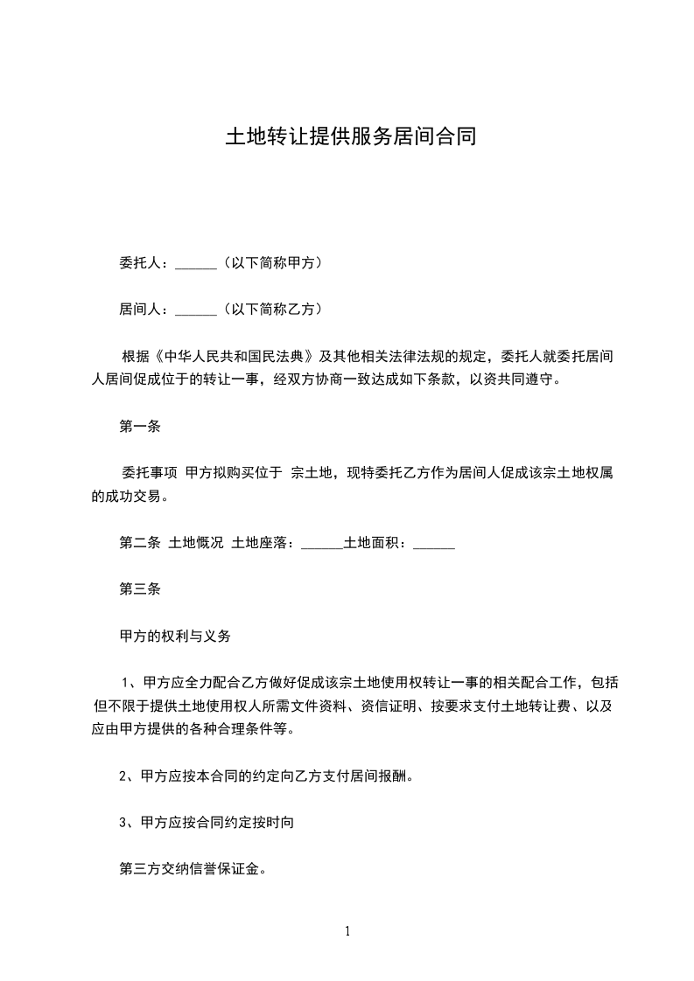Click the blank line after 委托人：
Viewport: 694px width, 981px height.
click(195, 263)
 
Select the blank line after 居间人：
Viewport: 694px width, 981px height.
click(195, 310)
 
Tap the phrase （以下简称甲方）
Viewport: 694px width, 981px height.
click(274, 262)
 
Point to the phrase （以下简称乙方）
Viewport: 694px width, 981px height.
click(274, 309)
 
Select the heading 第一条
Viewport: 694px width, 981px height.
click(140, 427)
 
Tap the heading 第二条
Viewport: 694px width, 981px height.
click(140, 543)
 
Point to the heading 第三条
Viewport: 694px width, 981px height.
click(140, 590)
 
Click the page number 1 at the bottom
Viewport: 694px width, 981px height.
click(347, 931)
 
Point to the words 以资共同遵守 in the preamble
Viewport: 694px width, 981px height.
click(518, 379)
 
